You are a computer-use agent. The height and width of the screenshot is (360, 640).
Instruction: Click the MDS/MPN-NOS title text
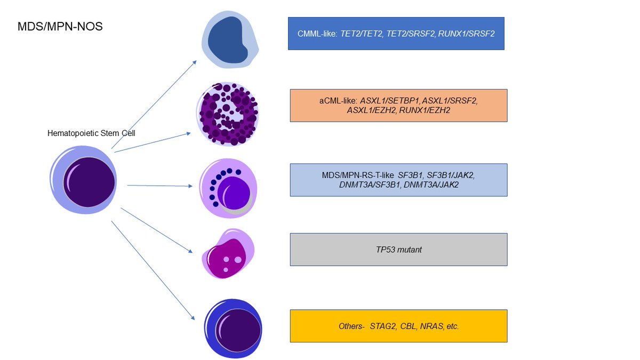[x=60, y=26]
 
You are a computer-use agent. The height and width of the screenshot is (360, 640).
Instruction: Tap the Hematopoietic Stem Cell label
[x=91, y=133]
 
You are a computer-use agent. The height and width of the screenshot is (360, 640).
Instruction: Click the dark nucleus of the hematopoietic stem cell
[x=89, y=182]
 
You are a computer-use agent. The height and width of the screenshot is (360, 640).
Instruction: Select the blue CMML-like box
[x=396, y=34]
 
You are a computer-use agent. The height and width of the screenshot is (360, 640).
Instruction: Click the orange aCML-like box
[x=398, y=106]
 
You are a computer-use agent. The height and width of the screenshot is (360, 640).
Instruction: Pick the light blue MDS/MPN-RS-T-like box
[x=398, y=180]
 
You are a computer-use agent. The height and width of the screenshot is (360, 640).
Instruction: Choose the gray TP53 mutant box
[x=398, y=249]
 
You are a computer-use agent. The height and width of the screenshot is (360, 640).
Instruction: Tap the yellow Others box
[x=398, y=326]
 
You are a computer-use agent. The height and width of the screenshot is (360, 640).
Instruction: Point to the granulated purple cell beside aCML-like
[x=228, y=114]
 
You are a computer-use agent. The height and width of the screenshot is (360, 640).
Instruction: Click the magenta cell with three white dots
[x=228, y=255]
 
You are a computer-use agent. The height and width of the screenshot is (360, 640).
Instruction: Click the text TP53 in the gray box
[x=386, y=249]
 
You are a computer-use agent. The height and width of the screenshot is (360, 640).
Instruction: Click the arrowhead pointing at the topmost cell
[x=194, y=62]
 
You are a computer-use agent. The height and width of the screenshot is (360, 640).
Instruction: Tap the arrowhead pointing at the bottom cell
[x=193, y=318]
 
